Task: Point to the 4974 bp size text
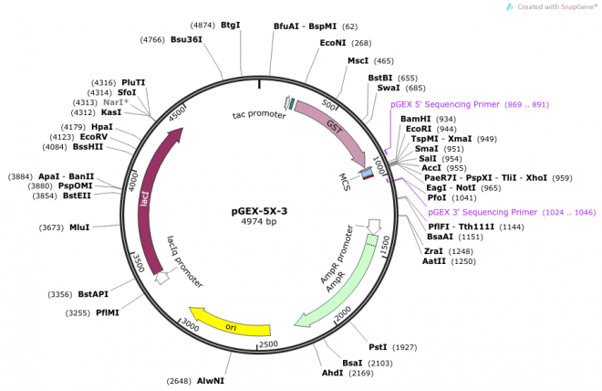coord(259,222)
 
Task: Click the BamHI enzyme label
coord(415,120)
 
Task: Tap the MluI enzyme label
coord(79,227)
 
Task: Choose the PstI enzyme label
coord(378,347)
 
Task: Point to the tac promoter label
coord(259,115)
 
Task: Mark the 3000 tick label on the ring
coord(189,324)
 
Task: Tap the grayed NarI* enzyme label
coord(133,102)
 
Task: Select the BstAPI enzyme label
coord(93,294)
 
